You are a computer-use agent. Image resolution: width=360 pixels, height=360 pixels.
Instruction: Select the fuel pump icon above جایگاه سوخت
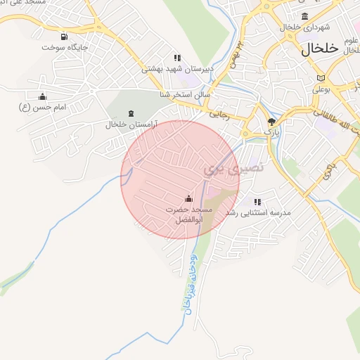(x=65, y=37)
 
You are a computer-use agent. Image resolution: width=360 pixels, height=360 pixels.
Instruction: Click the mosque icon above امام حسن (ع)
(x=42, y=96)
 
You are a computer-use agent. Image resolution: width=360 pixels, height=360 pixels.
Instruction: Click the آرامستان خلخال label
(x=131, y=124)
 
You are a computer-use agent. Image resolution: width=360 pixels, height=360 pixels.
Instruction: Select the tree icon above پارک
(x=271, y=122)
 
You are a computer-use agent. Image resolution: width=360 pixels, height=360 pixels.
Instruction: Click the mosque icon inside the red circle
(x=188, y=198)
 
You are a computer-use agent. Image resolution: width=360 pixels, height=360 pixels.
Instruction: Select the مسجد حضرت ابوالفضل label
(x=188, y=214)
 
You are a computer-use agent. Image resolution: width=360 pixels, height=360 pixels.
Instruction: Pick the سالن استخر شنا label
(x=203, y=93)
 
